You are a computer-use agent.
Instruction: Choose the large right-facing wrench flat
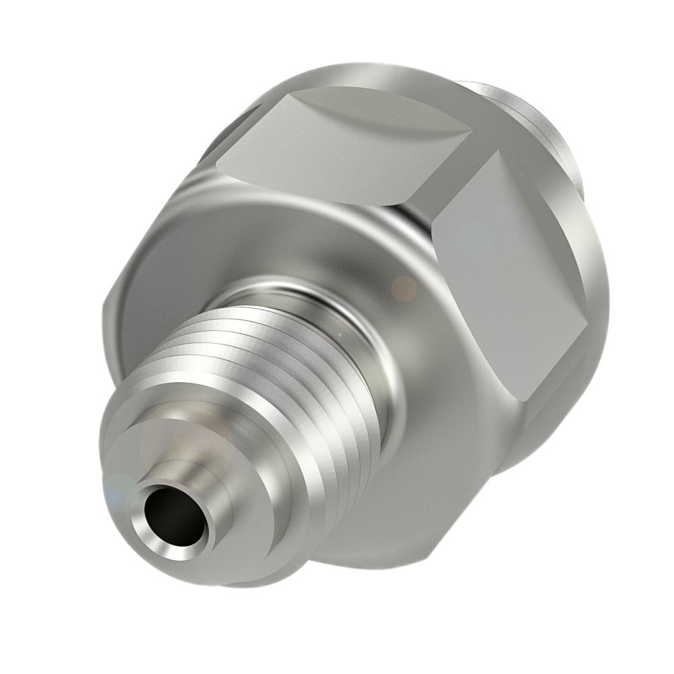(x=512, y=270)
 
